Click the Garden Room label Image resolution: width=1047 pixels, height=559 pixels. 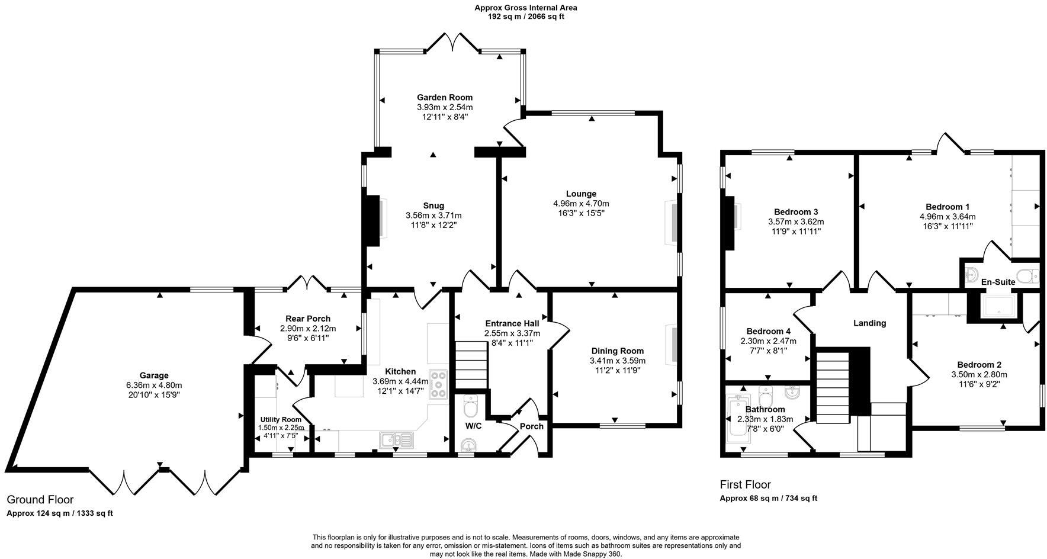tap(445, 98)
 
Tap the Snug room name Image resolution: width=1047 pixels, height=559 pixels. tap(433, 205)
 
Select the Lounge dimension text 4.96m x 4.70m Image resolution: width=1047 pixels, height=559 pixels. tap(581, 203)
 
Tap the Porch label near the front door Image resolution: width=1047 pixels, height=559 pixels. tap(532, 426)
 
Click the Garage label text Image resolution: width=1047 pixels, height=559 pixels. tap(154, 375)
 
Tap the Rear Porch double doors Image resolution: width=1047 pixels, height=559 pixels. tap(308, 283)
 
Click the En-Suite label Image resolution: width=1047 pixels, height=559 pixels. tap(998, 282)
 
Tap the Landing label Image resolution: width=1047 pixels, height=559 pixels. tap(869, 323)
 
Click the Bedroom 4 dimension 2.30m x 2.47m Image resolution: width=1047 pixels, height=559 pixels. tap(768, 341)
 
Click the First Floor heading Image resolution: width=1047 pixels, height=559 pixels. tap(745, 484)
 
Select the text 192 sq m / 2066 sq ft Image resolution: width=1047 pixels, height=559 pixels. tap(525, 17)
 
